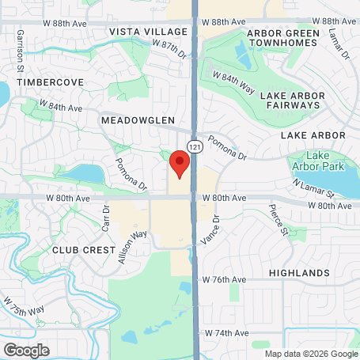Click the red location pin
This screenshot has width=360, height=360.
(x=180, y=164)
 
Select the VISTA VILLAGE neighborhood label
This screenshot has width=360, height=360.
(x=149, y=32)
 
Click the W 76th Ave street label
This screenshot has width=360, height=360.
(x=225, y=280)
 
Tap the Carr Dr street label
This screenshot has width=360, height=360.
(x=105, y=218)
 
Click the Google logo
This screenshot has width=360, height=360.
(x=26, y=351)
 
